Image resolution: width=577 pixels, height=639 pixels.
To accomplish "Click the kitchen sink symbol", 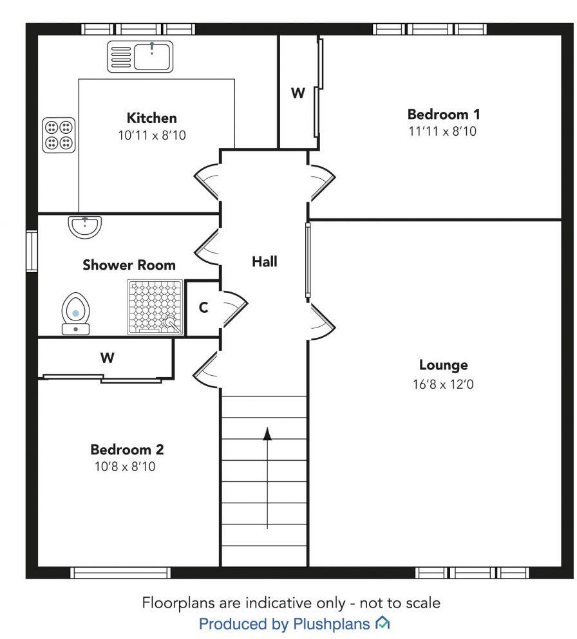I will pyautogui.click(x=140, y=55).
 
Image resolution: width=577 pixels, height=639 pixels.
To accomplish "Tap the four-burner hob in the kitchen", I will pyautogui.click(x=58, y=135).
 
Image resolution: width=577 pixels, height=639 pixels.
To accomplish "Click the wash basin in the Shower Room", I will pyautogui.click(x=84, y=226).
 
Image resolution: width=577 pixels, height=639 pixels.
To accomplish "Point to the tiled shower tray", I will pyautogui.click(x=155, y=307).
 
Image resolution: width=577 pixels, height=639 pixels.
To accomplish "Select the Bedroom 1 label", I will pyautogui.click(x=444, y=115).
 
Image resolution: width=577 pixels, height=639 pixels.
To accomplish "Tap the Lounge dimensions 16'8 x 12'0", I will pyautogui.click(x=443, y=385).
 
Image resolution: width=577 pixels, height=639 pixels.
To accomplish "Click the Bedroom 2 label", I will pyautogui.click(x=122, y=449).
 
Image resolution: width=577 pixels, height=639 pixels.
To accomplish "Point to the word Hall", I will pyautogui.click(x=264, y=261).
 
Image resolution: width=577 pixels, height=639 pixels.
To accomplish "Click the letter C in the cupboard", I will pyautogui.click(x=203, y=308).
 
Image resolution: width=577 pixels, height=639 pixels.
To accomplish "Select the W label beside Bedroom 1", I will pyautogui.click(x=297, y=93).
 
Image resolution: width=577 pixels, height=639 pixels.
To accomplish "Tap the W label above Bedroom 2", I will pyautogui.click(x=107, y=358).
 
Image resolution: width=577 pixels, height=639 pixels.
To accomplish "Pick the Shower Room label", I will pyautogui.click(x=129, y=264).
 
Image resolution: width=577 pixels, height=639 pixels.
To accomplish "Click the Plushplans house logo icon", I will pyautogui.click(x=383, y=622).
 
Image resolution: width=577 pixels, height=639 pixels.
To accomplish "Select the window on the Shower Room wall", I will pyautogui.click(x=31, y=250).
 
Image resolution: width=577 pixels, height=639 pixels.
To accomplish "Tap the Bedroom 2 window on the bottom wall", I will pyautogui.click(x=120, y=572).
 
